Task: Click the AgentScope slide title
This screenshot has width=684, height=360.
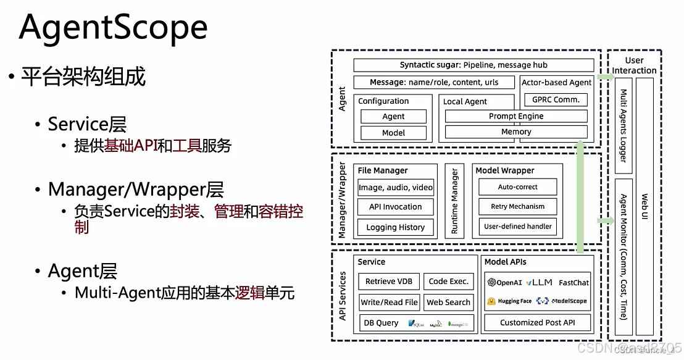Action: (114, 27)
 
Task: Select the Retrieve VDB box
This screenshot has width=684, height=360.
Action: (388, 281)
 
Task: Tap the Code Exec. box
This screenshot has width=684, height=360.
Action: (449, 281)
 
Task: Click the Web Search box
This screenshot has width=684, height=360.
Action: (449, 302)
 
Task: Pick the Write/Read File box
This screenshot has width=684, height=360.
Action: (389, 302)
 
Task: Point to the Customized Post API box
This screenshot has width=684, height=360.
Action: (537, 322)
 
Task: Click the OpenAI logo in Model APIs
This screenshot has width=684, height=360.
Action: (504, 283)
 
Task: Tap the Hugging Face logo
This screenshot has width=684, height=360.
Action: (509, 301)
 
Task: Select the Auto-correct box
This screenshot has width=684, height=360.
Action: (517, 187)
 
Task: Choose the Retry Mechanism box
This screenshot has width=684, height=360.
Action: (517, 207)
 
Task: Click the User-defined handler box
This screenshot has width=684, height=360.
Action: (517, 227)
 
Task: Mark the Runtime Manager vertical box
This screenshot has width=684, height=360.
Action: (454, 201)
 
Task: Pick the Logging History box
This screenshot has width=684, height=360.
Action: (395, 227)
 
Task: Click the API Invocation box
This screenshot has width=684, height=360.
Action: (395, 207)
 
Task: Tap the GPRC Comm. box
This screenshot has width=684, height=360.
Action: (556, 100)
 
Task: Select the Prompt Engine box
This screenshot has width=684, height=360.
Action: (516, 116)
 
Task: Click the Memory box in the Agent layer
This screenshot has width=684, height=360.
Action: (516, 132)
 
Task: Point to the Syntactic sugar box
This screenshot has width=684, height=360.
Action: (473, 65)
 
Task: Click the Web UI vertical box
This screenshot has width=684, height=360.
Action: (644, 207)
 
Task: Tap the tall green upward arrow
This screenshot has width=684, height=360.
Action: (580, 198)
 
